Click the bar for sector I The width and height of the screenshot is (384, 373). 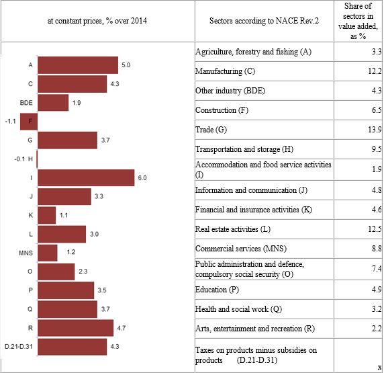coord(86,177)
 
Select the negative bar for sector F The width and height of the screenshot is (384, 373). coord(29,122)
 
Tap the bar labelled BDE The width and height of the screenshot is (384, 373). coord(53,103)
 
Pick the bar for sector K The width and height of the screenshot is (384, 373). coord(47,215)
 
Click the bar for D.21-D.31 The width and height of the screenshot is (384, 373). coord(73,347)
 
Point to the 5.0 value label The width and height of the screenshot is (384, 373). coord(126,65)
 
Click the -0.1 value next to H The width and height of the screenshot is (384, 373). coord(19,159)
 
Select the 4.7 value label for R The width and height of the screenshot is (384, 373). coord(122,328)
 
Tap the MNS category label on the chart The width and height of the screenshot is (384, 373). coord(26,253)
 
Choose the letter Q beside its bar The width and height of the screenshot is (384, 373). coord(30,309)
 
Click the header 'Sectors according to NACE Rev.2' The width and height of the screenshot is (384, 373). coord(264,21)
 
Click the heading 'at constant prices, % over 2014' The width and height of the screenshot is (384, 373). coord(97,21)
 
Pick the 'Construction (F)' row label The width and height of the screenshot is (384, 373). coord(222,110)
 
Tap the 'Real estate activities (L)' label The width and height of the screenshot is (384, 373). coord(233,229)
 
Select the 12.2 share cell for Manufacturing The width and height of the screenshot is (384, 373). coord(375,71)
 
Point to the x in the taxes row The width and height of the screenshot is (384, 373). coord(379,367)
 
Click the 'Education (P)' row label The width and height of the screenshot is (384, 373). coord(217,290)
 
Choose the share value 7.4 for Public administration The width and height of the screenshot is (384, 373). coord(377,269)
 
